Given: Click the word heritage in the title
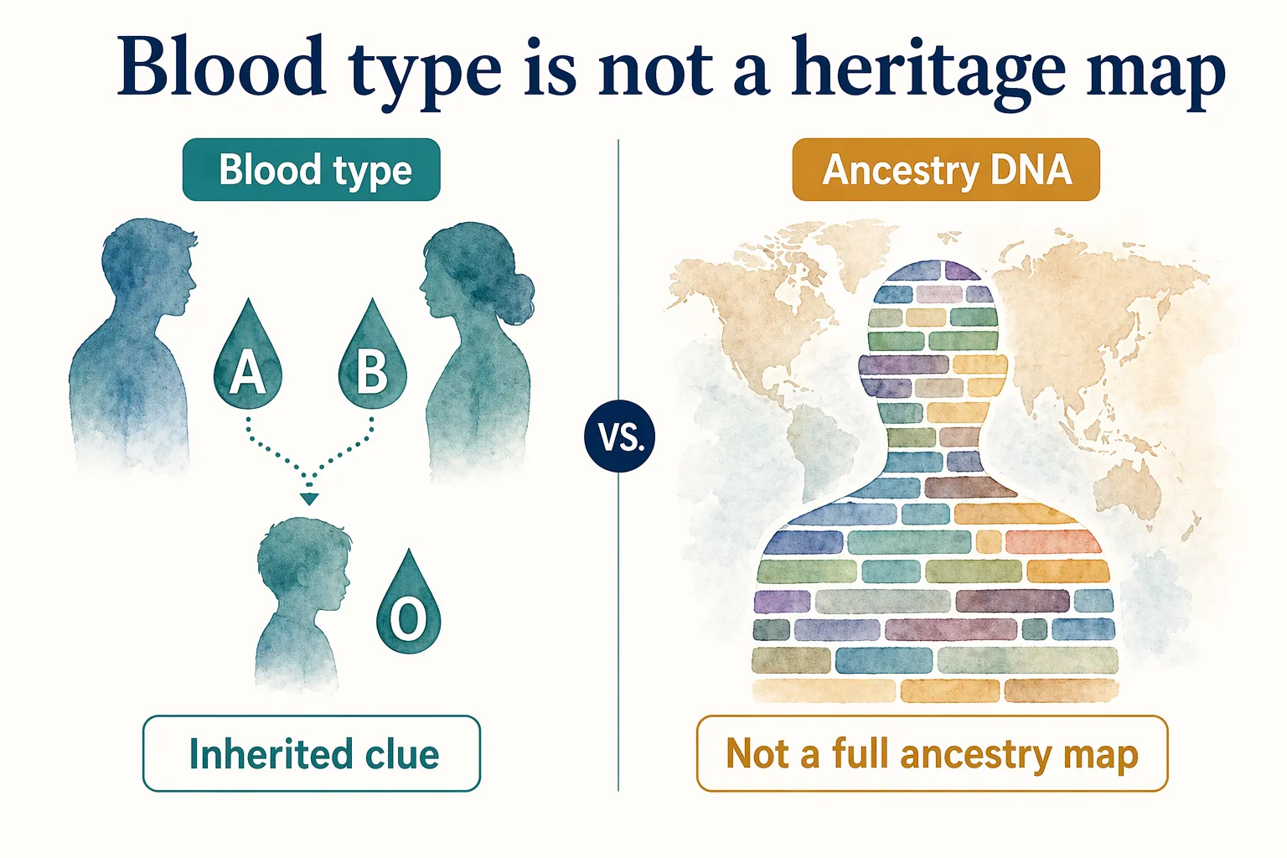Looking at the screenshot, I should [x=928, y=70].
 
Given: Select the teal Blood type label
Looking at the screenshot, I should [x=311, y=170].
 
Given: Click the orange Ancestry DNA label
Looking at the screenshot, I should [x=945, y=170].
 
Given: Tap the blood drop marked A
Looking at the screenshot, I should [x=247, y=360].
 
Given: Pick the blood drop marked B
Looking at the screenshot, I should [x=372, y=360].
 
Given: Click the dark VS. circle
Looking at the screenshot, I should [x=620, y=437].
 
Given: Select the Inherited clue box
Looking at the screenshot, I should [x=311, y=753].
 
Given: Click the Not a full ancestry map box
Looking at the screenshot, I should [x=932, y=753].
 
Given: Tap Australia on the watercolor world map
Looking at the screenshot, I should [x=1131, y=486].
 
